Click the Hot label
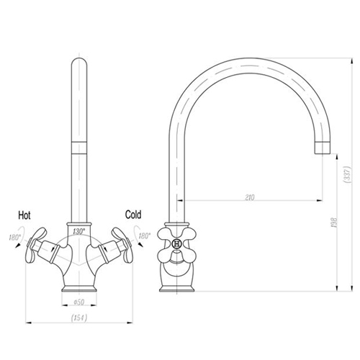point(24,215)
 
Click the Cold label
point(133,215)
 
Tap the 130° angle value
point(79,232)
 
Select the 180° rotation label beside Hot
point(15,238)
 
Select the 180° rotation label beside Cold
point(145,236)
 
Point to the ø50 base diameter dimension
point(79,302)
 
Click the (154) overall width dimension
point(79,318)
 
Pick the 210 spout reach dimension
point(250,197)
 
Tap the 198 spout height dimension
point(335,222)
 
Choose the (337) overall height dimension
point(348,175)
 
